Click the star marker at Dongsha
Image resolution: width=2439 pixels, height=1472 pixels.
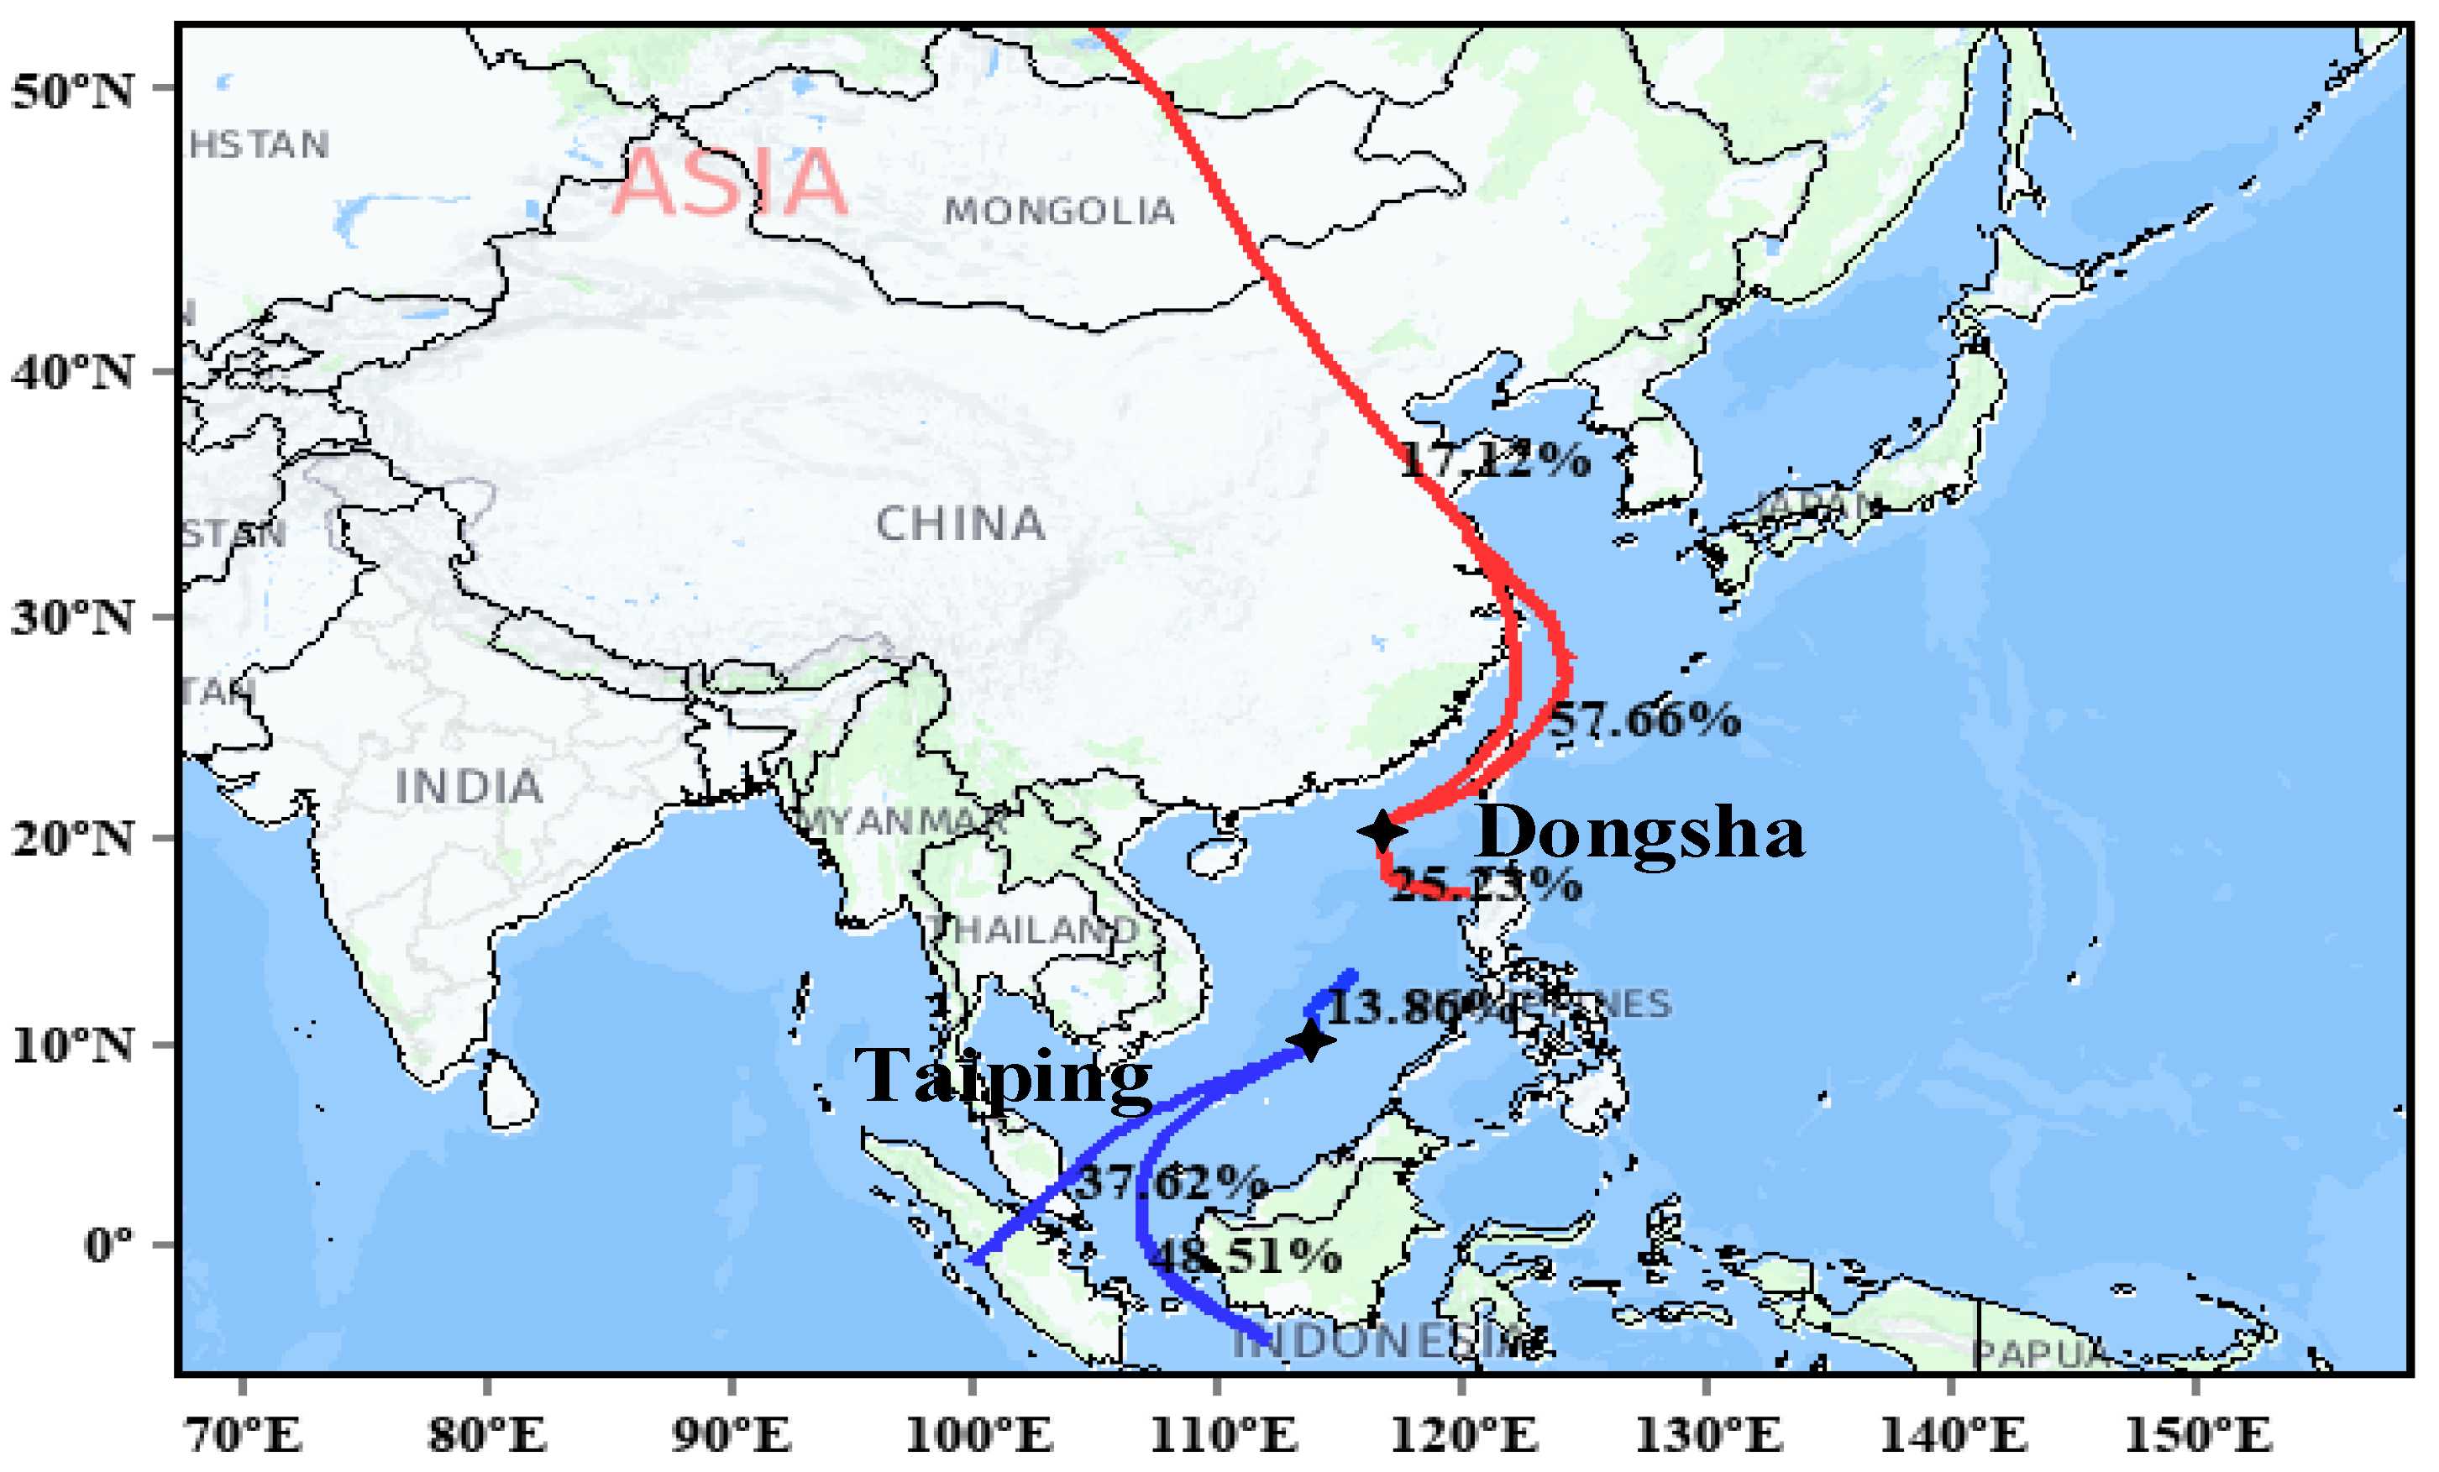(1382, 830)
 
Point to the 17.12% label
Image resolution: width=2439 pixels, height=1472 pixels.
(1496, 459)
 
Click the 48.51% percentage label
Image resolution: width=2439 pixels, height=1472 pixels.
(1247, 1256)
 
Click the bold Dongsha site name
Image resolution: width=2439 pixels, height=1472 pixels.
(1639, 832)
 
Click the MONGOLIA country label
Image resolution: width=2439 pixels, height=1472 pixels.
(1059, 211)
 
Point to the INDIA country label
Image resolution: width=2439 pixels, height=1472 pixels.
(469, 788)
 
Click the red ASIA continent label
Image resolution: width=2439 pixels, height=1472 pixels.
(730, 182)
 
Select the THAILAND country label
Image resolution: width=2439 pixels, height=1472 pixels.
(1033, 930)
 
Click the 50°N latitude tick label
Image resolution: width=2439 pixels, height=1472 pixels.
(72, 91)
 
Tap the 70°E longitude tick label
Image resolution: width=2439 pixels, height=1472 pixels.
(244, 1435)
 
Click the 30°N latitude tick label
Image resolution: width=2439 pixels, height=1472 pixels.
(72, 618)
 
